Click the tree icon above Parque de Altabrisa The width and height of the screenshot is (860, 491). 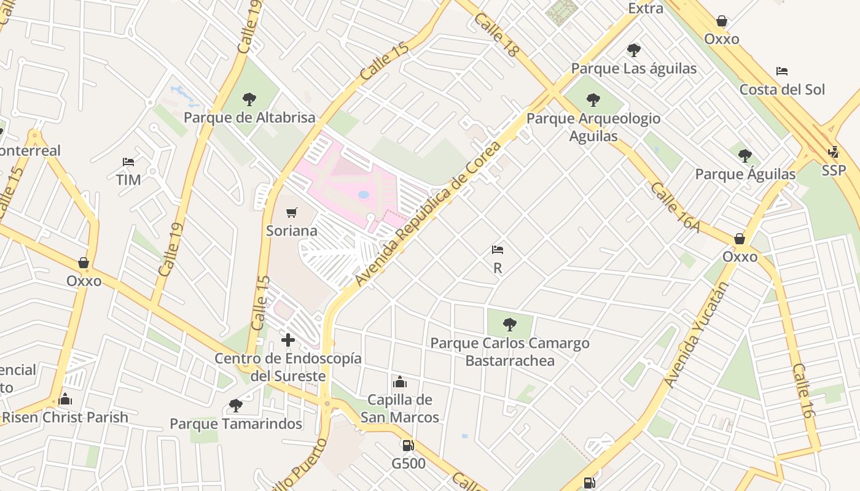pyautogui.click(x=249, y=99)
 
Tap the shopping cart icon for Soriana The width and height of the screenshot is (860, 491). pyautogui.click(x=292, y=213)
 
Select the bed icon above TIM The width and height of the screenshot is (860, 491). pyautogui.click(x=128, y=162)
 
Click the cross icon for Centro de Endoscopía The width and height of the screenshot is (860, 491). pyautogui.click(x=287, y=339)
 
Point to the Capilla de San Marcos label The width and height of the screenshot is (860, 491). pyautogui.click(x=400, y=409)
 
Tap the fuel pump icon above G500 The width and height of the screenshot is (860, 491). pyautogui.click(x=408, y=446)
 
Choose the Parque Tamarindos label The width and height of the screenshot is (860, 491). pyautogui.click(x=236, y=424)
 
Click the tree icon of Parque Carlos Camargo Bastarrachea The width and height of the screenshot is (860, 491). pyautogui.click(x=509, y=324)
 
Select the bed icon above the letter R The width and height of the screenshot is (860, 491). pyautogui.click(x=498, y=250)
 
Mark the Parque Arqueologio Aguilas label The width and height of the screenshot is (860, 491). pyautogui.click(x=593, y=127)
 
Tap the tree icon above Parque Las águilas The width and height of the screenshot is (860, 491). pyautogui.click(x=633, y=50)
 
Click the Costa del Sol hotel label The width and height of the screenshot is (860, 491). pyautogui.click(x=782, y=90)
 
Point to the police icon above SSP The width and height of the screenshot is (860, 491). pyautogui.click(x=834, y=152)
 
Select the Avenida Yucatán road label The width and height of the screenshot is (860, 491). pyautogui.click(x=696, y=335)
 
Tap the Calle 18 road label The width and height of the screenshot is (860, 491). pyautogui.click(x=496, y=36)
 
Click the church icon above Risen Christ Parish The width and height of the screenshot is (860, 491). pyautogui.click(x=66, y=400)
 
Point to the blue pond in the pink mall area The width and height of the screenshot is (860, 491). pyautogui.click(x=364, y=195)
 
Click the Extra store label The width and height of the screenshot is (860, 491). pyautogui.click(x=646, y=9)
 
